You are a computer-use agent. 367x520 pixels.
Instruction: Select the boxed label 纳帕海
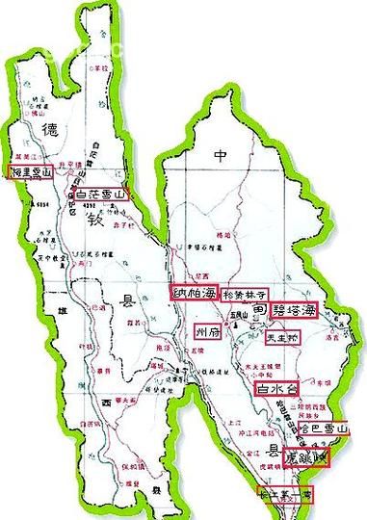(193, 291)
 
